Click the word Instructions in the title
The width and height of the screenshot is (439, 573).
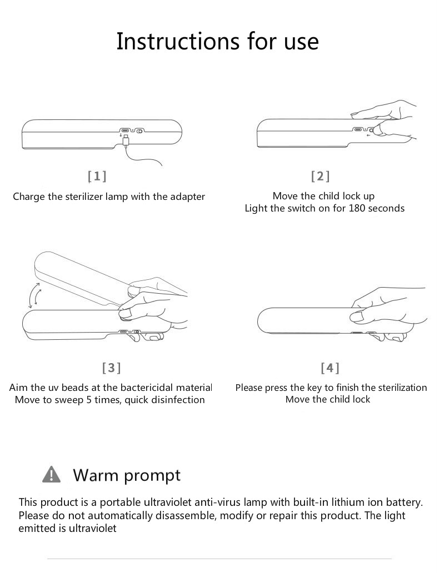tap(178, 41)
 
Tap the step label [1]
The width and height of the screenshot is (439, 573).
tap(97, 176)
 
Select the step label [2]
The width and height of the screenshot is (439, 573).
tap(321, 176)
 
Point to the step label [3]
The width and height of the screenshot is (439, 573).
tap(111, 367)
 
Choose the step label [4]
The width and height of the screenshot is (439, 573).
tap(330, 367)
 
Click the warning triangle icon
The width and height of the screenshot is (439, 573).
tap(52, 474)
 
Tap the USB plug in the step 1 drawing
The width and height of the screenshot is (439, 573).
tap(126, 140)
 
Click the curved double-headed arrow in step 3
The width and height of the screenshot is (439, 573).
tap(35, 295)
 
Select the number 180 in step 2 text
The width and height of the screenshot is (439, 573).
tap(357, 208)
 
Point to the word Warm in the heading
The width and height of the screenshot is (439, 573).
tap(96, 475)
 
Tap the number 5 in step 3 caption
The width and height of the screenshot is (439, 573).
tap(89, 400)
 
